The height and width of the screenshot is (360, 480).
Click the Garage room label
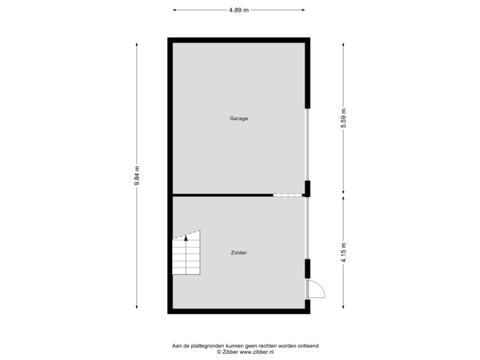point(239,119)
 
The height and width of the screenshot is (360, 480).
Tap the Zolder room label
point(239,253)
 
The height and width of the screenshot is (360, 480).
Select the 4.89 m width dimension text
point(238,10)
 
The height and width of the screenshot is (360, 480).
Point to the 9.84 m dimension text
point(137,177)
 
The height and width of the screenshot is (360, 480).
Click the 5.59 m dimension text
point(343,119)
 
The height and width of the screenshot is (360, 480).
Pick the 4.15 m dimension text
point(343,253)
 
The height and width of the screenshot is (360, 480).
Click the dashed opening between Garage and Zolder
point(287,195)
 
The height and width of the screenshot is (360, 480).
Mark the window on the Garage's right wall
point(307,145)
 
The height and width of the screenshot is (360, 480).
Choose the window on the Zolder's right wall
point(307,228)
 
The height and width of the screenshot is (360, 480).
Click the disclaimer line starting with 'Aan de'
point(245,345)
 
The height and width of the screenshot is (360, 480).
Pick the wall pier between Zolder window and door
point(307,269)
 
